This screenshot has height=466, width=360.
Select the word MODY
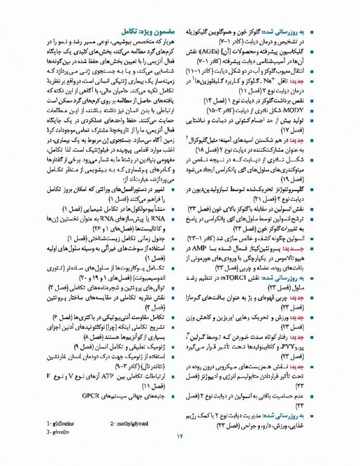pos(319,111)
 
